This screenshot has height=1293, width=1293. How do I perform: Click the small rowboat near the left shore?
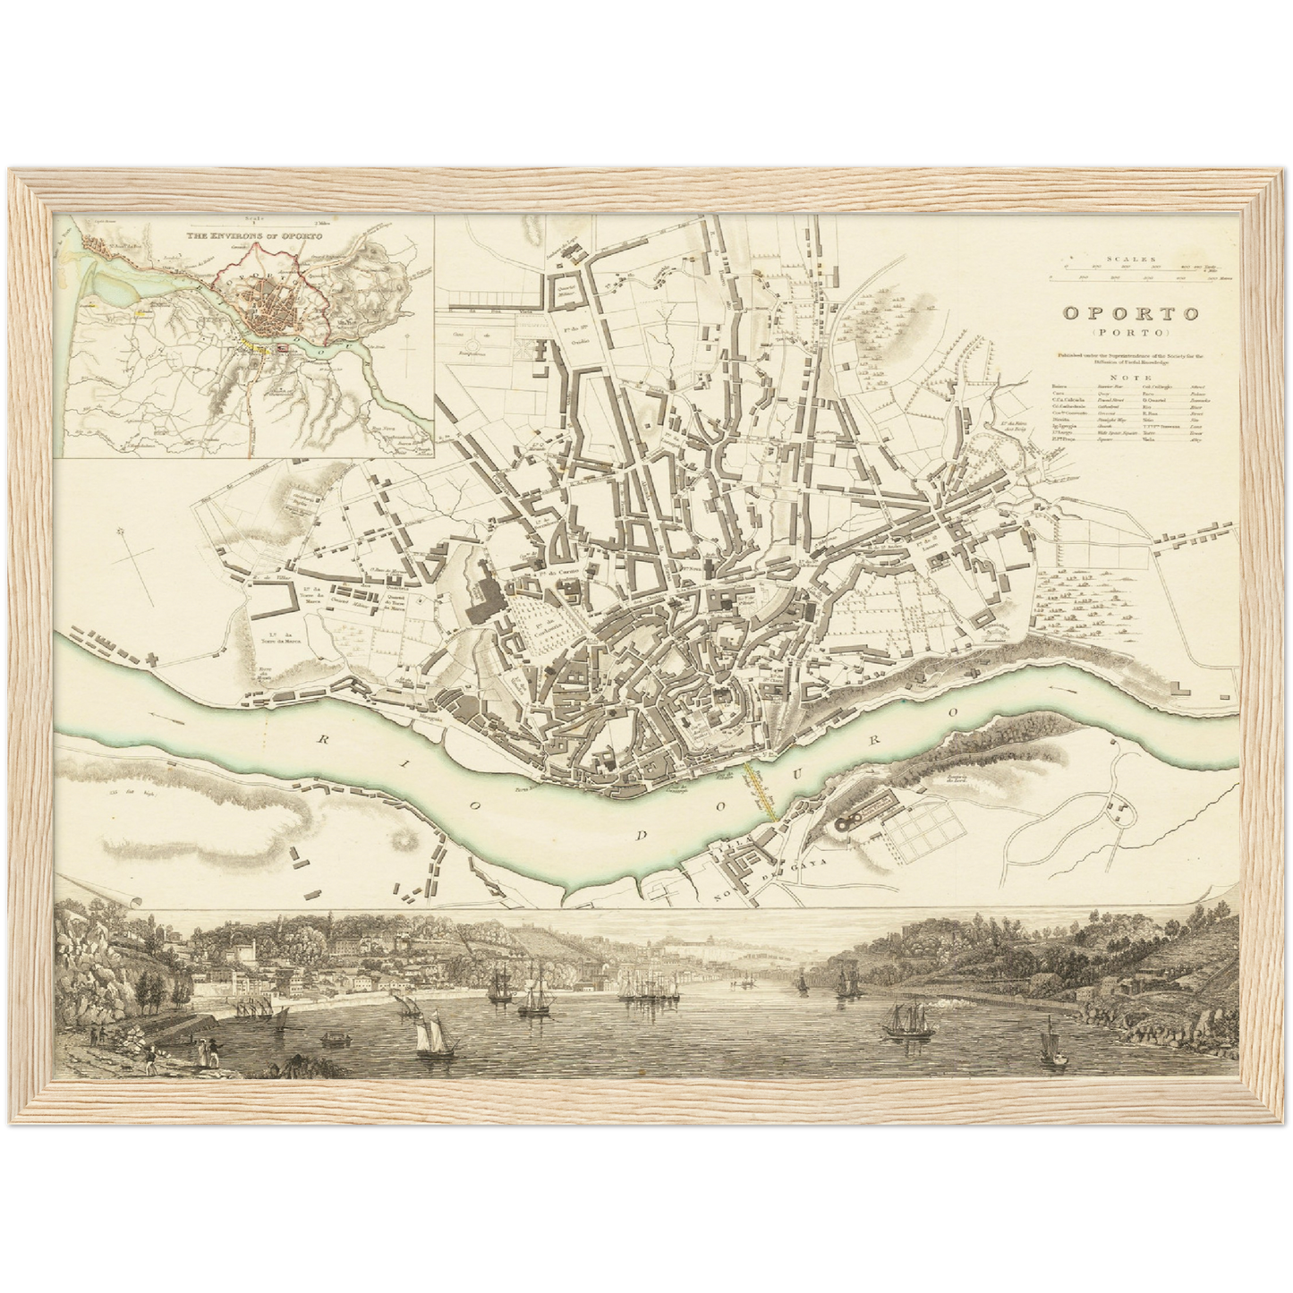tap(333, 1039)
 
